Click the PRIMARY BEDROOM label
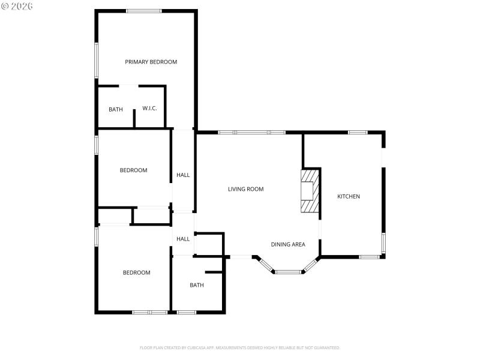coord(151,62)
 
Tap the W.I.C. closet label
coord(149,109)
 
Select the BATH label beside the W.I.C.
coord(116,109)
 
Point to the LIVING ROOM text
coord(245,189)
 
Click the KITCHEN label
coord(349,196)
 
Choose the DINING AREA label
coord(288,244)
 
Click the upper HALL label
coord(183,175)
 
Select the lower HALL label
coord(183,239)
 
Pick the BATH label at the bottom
coord(197,285)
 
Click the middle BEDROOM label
coord(133,170)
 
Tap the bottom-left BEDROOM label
coord(136,273)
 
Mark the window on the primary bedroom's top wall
coord(143,11)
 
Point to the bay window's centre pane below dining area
coord(288,272)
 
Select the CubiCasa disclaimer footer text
coord(240,347)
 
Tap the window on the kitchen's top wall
coord(358,132)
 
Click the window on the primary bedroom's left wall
coord(96,60)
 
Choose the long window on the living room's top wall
coord(251,132)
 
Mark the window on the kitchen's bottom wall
coord(369,257)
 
